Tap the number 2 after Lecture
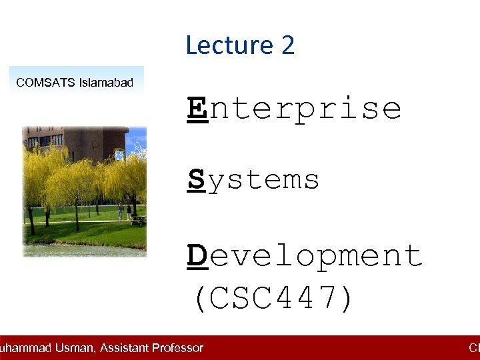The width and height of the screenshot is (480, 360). tap(287, 45)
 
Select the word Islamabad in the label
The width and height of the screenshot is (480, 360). tap(106, 83)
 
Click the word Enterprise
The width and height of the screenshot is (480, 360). tap(294, 108)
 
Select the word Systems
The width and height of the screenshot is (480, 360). tap(253, 180)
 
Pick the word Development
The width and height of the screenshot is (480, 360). tap(305, 255)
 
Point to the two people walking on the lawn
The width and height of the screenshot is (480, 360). tap(124, 212)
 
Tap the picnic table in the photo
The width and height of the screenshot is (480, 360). tap(138, 218)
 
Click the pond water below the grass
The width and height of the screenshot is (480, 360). tap(80, 250)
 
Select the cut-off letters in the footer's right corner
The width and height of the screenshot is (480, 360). tap(474, 348)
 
